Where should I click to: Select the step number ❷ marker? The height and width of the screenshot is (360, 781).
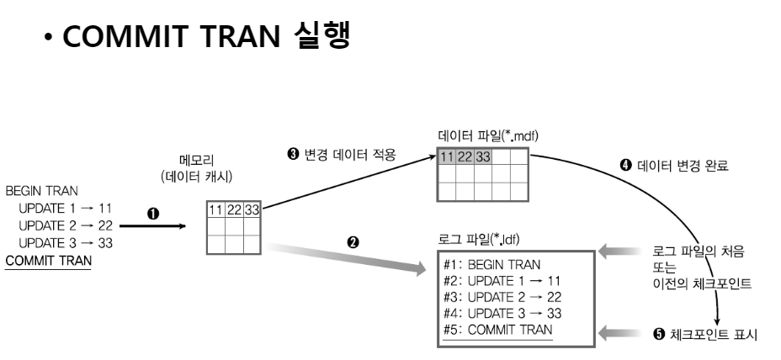pyautogui.click(x=354, y=241)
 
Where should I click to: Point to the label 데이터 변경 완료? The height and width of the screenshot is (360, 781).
pyautogui.click(x=677, y=165)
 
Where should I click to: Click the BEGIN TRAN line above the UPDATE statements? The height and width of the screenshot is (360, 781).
pyautogui.click(x=42, y=191)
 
